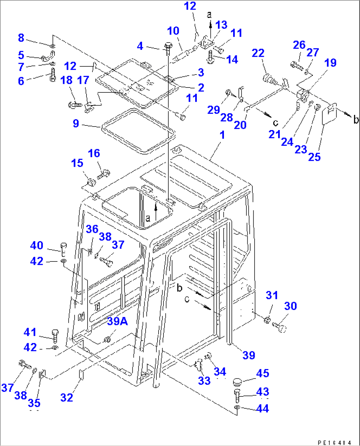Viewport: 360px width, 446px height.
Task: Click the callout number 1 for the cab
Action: point(222,135)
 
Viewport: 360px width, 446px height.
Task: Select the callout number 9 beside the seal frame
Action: point(76,123)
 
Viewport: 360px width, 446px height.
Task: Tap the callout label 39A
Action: point(117,321)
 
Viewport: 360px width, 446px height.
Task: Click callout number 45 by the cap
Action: point(263,373)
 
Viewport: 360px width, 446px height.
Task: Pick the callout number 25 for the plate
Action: point(314,157)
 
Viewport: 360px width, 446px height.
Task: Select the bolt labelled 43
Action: point(237,395)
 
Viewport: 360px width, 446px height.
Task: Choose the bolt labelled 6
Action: point(53,76)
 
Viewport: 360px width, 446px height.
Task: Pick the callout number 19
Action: point(330,63)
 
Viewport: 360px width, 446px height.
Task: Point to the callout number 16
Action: point(94,153)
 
